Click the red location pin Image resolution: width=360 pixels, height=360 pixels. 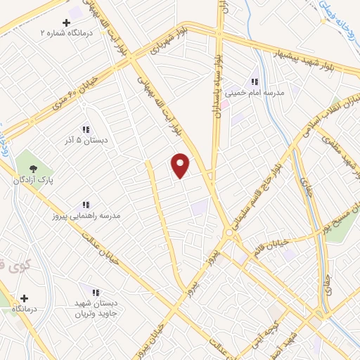click(x=181, y=165)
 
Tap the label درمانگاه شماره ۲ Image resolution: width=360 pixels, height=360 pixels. click(x=67, y=32)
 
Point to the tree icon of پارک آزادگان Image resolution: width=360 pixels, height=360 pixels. click(x=33, y=168)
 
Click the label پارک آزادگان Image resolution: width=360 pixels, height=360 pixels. click(x=34, y=180)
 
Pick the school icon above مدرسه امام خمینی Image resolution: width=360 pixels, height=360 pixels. click(x=254, y=82)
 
